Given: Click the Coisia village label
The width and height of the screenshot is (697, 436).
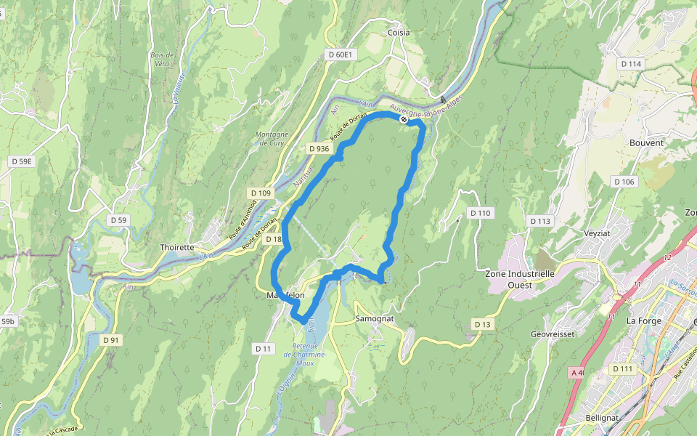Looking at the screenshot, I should click(399, 33).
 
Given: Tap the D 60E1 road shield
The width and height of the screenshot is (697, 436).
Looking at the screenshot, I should click(340, 54).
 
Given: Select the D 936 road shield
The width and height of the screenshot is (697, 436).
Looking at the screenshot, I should click(319, 149).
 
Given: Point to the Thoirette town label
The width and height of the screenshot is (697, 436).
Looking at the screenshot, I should click(177, 247).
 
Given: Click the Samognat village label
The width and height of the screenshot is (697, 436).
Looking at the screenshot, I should click(375, 319).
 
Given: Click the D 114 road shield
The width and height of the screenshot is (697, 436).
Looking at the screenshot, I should click(632, 64).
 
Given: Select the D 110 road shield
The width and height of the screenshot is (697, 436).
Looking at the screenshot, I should click(480, 213).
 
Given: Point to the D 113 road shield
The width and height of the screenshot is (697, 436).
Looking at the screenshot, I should click(540, 221).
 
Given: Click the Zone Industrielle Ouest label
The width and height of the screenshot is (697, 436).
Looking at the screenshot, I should click(520, 279).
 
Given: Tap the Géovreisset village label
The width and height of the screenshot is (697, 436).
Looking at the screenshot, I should click(554, 334).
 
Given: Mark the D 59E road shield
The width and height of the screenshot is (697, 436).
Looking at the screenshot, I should click(21, 161).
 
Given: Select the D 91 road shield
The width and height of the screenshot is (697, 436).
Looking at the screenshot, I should click(110, 339).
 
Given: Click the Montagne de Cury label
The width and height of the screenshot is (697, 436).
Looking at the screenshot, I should click(272, 139).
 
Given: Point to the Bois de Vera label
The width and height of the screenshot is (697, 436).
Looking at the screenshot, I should click(162, 59).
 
